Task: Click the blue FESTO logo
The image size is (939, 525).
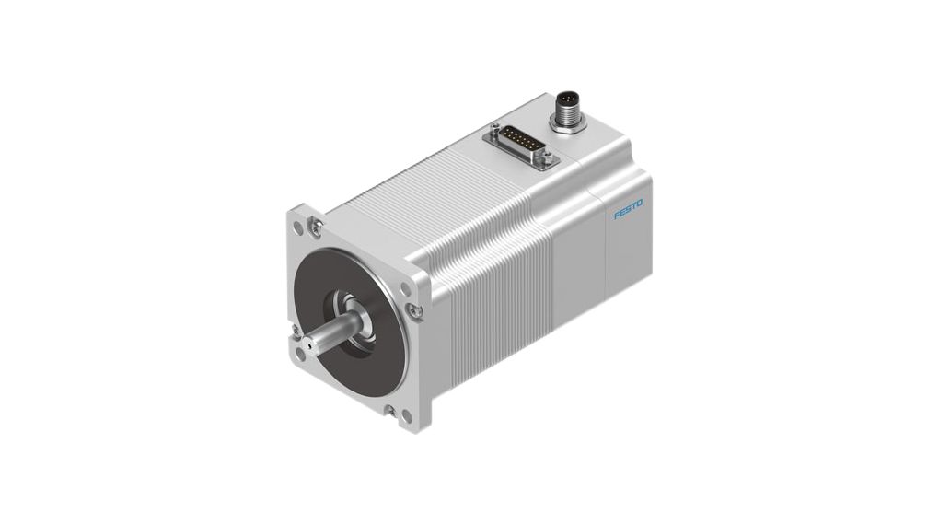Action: tap(629, 210)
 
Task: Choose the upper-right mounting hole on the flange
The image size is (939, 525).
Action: tap(406, 288)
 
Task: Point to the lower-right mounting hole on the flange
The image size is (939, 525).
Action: tap(406, 417)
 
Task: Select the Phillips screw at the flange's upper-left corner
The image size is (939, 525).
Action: tap(317, 223)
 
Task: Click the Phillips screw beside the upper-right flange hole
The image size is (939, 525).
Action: tap(417, 310)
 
